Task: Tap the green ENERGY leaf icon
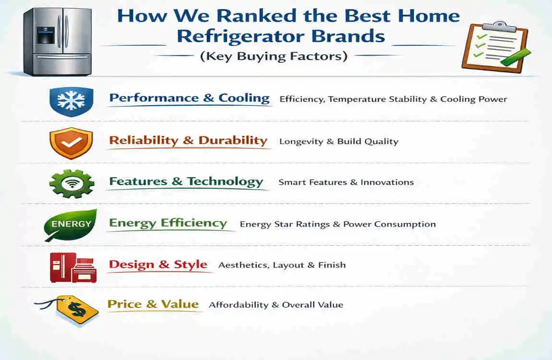71,225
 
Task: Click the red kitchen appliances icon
73,267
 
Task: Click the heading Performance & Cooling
189,98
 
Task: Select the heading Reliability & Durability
188,141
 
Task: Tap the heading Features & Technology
186,181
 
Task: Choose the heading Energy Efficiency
168,223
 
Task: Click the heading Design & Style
158,264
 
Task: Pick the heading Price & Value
153,304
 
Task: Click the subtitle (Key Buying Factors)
273,56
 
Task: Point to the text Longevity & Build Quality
339,142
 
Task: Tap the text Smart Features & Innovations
346,182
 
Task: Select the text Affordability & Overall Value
276,305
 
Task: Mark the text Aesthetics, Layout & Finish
282,265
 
